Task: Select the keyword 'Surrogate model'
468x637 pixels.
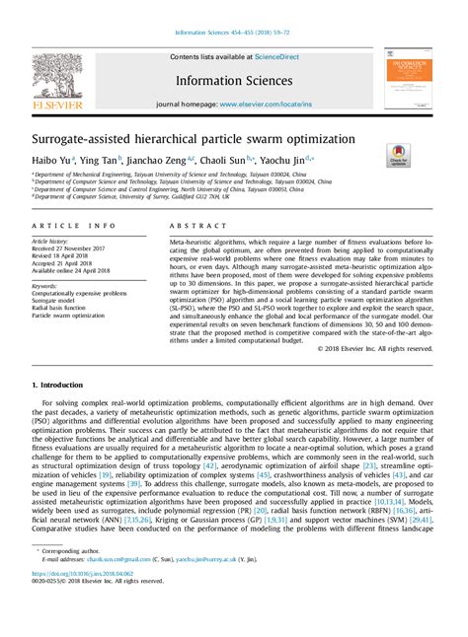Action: click(55, 300)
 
